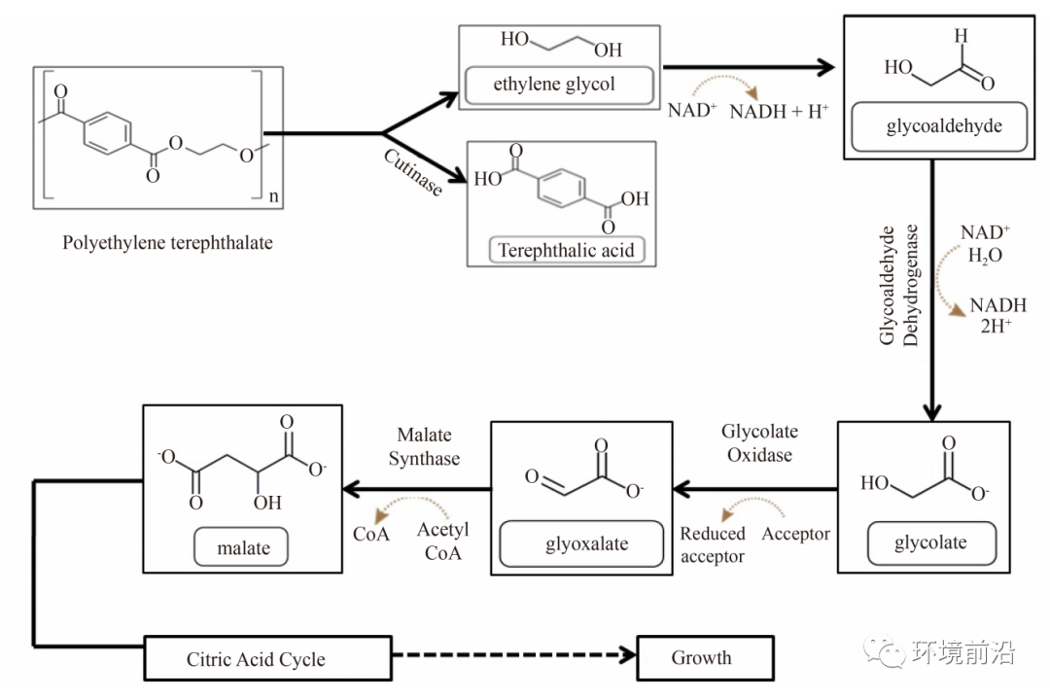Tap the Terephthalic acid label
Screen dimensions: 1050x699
(x=567, y=251)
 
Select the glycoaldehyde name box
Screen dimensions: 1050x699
(x=939, y=126)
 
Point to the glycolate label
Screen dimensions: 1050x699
(x=931, y=543)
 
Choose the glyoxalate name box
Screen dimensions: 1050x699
(x=581, y=543)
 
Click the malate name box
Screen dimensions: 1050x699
(x=241, y=547)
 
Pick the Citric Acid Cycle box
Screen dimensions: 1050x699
(x=268, y=659)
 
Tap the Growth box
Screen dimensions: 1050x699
(x=705, y=658)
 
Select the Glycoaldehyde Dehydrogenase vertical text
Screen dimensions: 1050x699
(x=898, y=286)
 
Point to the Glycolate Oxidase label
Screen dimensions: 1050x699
(x=759, y=443)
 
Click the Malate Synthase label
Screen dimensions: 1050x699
(x=424, y=446)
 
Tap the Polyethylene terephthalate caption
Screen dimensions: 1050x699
(x=167, y=242)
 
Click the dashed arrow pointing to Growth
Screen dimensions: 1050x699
(x=514, y=655)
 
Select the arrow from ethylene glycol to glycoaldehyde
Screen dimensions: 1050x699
(x=748, y=67)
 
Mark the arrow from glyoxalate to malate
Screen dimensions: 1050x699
(x=416, y=489)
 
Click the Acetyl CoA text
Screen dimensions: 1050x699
(x=442, y=541)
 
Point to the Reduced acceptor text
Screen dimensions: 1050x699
(x=713, y=544)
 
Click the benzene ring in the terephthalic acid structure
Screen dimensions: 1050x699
(x=561, y=189)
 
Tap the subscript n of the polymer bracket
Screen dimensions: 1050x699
(x=273, y=196)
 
